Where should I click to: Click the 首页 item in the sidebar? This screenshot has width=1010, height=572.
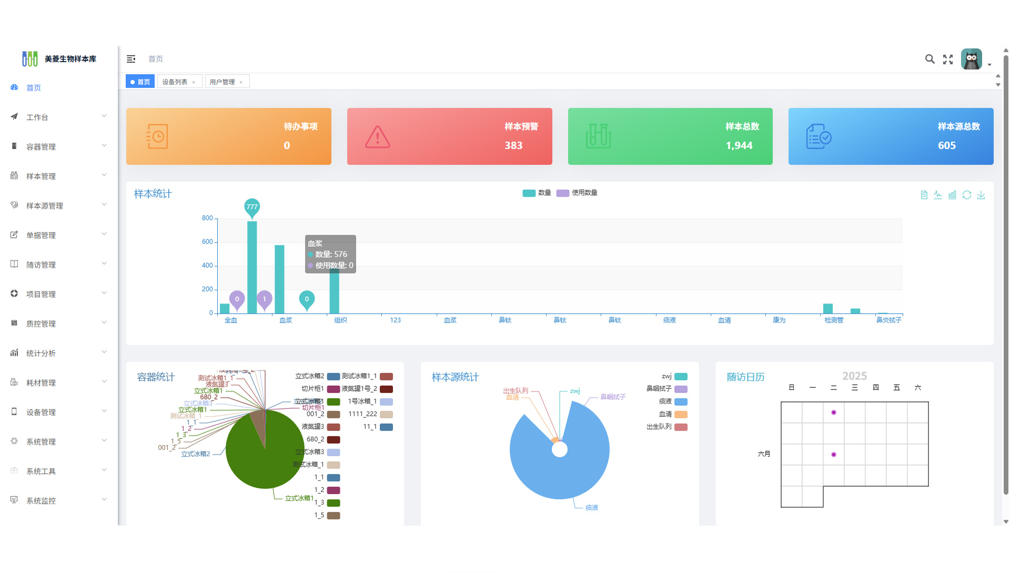tap(34, 88)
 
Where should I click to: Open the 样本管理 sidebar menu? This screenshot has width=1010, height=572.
tap(41, 176)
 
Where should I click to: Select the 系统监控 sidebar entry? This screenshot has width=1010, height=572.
tap(41, 501)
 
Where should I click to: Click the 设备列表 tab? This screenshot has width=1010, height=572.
tap(175, 82)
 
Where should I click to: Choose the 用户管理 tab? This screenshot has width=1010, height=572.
tap(222, 82)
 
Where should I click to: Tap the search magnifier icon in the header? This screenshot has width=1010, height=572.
tap(930, 59)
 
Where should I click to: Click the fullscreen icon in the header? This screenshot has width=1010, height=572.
tap(948, 59)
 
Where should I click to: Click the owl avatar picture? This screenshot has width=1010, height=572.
tap(971, 59)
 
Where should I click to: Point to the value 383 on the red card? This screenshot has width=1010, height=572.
tap(513, 146)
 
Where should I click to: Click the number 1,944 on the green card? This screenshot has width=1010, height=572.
tap(739, 146)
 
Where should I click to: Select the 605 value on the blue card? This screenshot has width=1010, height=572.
tap(947, 146)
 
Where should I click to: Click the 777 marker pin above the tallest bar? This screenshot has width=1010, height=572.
tap(252, 207)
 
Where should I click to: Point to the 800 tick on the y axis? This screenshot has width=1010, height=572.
tap(207, 218)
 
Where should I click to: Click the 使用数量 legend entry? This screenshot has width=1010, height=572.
tap(577, 193)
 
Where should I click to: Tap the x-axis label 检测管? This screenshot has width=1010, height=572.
tap(834, 320)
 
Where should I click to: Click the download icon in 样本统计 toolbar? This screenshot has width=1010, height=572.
tap(981, 195)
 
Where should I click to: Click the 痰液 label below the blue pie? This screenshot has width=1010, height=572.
tap(592, 508)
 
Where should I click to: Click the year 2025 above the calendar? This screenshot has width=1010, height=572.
tap(854, 376)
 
